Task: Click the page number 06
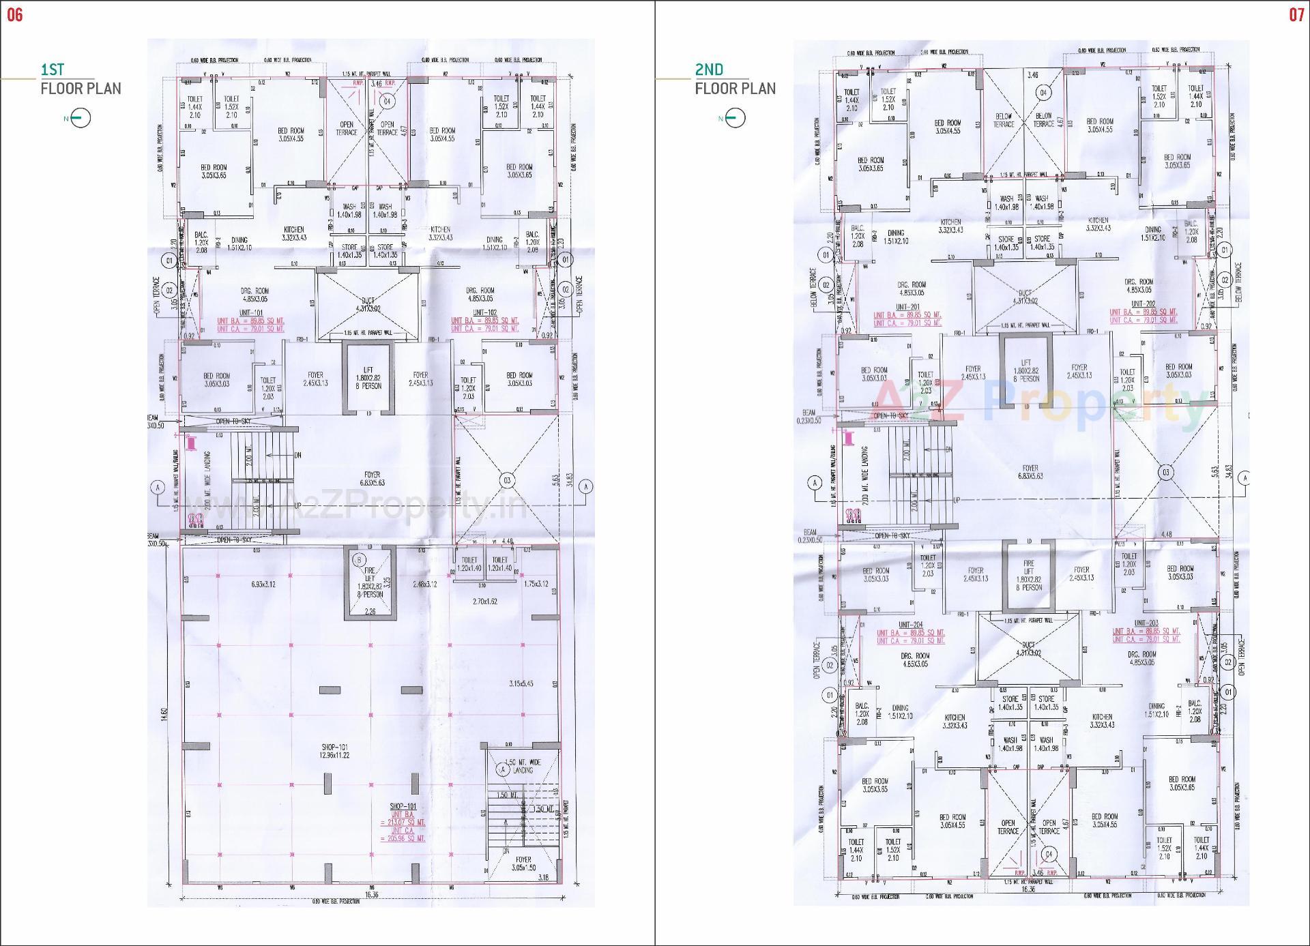click(x=14, y=15)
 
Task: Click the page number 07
click(x=1296, y=15)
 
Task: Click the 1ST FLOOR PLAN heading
click(x=81, y=79)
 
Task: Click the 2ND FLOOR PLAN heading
click(x=735, y=79)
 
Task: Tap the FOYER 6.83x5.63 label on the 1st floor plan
click(x=372, y=478)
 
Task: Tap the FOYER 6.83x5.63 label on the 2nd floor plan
click(x=1030, y=473)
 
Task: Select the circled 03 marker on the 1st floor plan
click(x=507, y=481)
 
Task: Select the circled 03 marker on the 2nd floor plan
click(x=1165, y=473)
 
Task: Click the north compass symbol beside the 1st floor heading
click(x=79, y=119)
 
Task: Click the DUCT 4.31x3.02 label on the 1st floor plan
click(x=368, y=304)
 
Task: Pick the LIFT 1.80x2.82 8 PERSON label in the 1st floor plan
click(x=368, y=378)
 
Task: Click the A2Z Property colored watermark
click(x=1037, y=404)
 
